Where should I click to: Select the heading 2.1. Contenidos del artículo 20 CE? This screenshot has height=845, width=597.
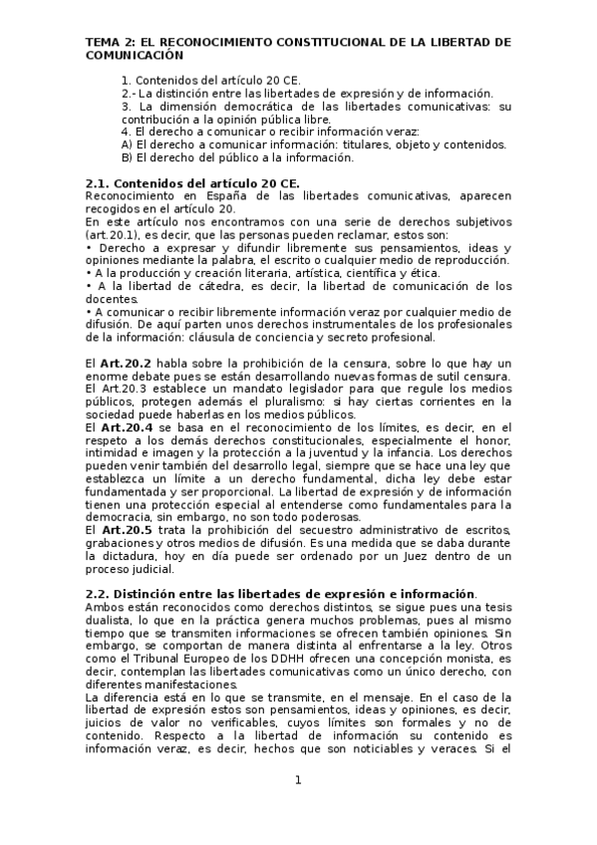192,183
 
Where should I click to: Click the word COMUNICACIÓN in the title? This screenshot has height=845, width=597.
137,58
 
